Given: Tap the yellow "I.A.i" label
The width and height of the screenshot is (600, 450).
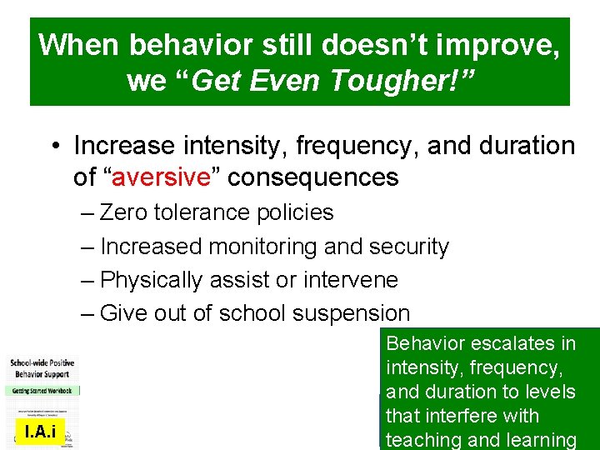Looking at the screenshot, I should pos(41,431).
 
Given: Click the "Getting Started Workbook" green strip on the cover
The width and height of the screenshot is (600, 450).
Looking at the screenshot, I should pos(42,390).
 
